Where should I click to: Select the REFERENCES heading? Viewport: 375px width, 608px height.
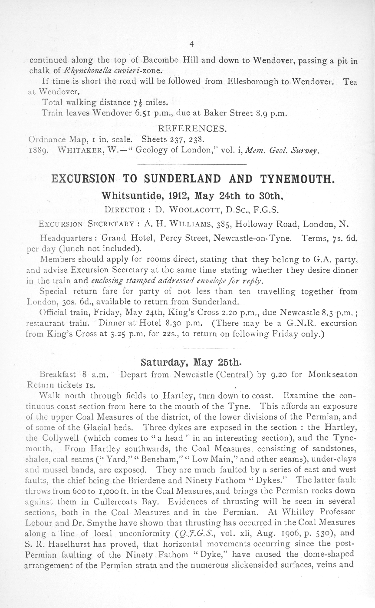(x=192, y=129)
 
